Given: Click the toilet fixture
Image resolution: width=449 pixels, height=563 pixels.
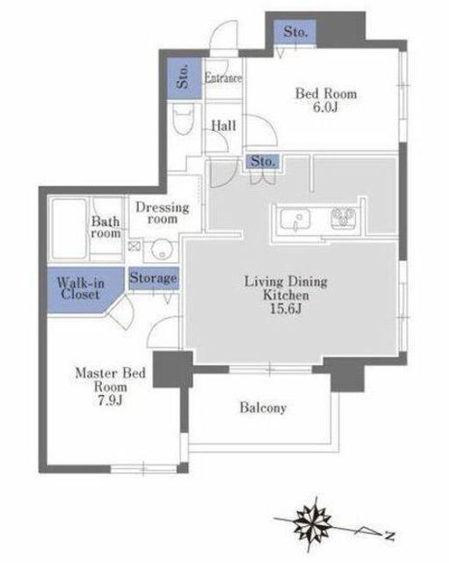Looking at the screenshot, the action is pyautogui.click(x=184, y=120).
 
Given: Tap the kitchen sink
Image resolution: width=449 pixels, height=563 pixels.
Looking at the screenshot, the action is pyautogui.click(x=295, y=219).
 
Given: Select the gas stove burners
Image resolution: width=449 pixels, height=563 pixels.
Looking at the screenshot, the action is pyautogui.click(x=344, y=217).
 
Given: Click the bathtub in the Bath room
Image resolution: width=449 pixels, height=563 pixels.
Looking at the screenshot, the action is pyautogui.click(x=69, y=229).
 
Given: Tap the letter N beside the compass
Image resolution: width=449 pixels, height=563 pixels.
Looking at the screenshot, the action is pyautogui.click(x=390, y=536).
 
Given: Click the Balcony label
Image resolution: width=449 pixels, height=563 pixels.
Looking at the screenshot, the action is pyautogui.click(x=263, y=408).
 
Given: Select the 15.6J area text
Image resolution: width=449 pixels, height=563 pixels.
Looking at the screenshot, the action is pyautogui.click(x=286, y=310).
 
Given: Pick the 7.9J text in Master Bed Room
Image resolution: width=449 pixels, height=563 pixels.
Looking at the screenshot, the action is pyautogui.click(x=111, y=400).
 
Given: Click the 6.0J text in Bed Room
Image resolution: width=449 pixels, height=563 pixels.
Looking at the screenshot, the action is pyautogui.click(x=325, y=107).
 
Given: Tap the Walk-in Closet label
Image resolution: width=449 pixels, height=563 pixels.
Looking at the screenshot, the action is pyautogui.click(x=80, y=289).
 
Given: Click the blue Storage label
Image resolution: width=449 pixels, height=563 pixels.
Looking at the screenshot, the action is pyautogui.click(x=154, y=278).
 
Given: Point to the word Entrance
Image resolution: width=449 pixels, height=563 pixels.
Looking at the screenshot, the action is pyautogui.click(x=223, y=78).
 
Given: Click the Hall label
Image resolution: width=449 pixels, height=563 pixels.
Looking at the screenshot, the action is pyautogui.click(x=224, y=126).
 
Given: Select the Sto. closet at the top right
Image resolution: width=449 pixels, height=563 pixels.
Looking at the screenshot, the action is pyautogui.click(x=294, y=32).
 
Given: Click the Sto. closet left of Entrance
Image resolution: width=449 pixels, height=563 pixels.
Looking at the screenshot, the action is pyautogui.click(x=185, y=78).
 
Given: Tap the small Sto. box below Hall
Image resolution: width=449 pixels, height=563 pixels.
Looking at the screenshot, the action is pyautogui.click(x=264, y=162).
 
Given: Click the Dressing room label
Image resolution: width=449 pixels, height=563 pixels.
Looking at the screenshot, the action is pyautogui.click(x=163, y=213).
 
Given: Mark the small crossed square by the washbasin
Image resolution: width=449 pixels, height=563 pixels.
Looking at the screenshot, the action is pyautogui.click(x=134, y=246).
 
